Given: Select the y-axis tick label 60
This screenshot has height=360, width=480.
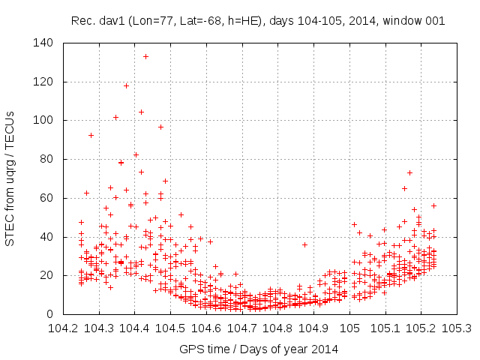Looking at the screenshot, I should click(47, 198).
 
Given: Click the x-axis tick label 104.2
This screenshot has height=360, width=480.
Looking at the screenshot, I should click(64, 328).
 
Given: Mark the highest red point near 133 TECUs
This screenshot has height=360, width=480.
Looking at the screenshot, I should click(145, 56).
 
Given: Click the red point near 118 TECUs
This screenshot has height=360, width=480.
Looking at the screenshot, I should click(126, 85).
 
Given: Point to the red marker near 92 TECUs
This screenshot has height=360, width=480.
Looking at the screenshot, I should click(91, 135).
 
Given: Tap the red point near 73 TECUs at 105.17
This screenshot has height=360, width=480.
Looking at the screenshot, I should click(409, 172).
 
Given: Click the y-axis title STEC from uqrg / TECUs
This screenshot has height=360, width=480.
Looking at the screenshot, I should click(10, 178).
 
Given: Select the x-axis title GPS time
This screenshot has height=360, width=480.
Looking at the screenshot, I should click(204, 349).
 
